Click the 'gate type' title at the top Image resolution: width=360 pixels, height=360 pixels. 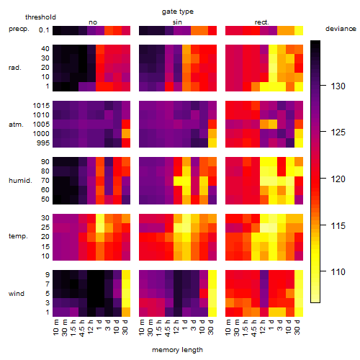(x=178, y=12)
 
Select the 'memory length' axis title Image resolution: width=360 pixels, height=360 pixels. (x=177, y=350)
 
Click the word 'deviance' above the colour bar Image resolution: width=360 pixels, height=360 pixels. (x=341, y=29)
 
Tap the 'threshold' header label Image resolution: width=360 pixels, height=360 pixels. (x=40, y=17)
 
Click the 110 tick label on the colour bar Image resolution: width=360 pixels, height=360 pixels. (x=338, y=271)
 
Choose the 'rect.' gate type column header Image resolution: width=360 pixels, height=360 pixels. (x=262, y=22)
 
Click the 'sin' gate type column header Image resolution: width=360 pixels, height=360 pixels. (x=177, y=22)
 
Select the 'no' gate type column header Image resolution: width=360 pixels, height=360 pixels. (x=93, y=22)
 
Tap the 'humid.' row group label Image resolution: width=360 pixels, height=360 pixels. (x=20, y=181)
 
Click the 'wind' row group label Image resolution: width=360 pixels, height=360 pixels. (x=17, y=294)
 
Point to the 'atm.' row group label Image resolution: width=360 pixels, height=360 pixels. (x=16, y=125)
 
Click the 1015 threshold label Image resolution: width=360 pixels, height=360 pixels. (x=41, y=105)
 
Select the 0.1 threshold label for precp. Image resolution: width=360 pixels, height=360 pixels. (x=44, y=30)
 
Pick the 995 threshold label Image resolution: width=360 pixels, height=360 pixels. (x=43, y=143)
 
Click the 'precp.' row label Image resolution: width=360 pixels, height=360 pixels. (x=19, y=29)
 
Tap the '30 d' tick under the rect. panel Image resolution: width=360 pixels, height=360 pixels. (x=297, y=327)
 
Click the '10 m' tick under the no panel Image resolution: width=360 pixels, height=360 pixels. (x=55, y=327)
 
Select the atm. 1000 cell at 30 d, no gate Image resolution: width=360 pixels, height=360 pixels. (x=126, y=134)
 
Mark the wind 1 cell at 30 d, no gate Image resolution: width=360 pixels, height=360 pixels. (x=126, y=312)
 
